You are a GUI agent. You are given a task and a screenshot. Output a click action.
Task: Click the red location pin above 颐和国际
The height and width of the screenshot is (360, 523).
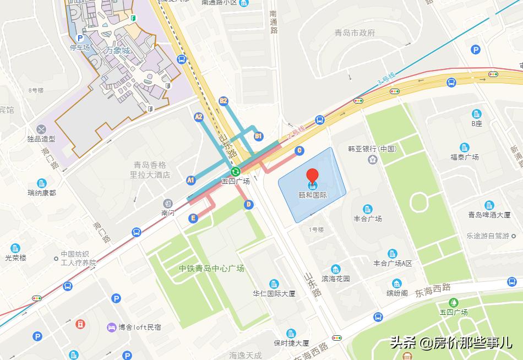pos(312,176)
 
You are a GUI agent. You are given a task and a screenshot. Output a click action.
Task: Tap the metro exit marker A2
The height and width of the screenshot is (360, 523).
pos(199,117)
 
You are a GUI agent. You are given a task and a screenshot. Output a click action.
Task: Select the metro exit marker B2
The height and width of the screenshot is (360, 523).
pos(223,101)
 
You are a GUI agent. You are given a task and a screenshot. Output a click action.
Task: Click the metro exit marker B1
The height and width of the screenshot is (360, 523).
pos(258,135)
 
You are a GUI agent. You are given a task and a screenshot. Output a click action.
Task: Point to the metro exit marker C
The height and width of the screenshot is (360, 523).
pos(299,150)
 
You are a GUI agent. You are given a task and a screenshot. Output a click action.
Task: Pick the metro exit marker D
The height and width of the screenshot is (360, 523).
pos(249,205)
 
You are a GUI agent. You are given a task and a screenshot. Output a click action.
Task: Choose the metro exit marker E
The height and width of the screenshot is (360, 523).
pos(193,219)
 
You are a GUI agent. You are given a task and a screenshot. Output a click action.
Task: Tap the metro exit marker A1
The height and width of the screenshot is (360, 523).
pos(191,180)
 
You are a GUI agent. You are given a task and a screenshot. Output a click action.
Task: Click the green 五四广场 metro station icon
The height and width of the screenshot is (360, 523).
pos(235,171)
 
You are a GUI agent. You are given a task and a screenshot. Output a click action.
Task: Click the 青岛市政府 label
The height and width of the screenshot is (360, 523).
pos(355,32)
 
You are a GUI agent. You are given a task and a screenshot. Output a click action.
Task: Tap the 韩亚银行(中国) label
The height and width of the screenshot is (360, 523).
pos(372,149)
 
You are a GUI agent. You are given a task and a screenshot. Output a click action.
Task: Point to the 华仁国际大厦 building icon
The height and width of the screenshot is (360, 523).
pos(274,283)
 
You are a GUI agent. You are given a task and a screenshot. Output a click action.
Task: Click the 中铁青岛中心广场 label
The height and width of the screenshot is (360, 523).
pos(211,269)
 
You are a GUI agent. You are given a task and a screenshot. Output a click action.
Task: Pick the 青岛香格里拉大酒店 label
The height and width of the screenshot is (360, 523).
pos(150,170)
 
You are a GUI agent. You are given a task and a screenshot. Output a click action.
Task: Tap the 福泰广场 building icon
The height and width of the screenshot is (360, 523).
pos(465,147)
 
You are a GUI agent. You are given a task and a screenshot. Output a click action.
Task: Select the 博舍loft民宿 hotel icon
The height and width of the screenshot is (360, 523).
pos(112,327)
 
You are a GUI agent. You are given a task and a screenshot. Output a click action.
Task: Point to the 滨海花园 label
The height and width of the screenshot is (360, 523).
pos(336,279)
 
